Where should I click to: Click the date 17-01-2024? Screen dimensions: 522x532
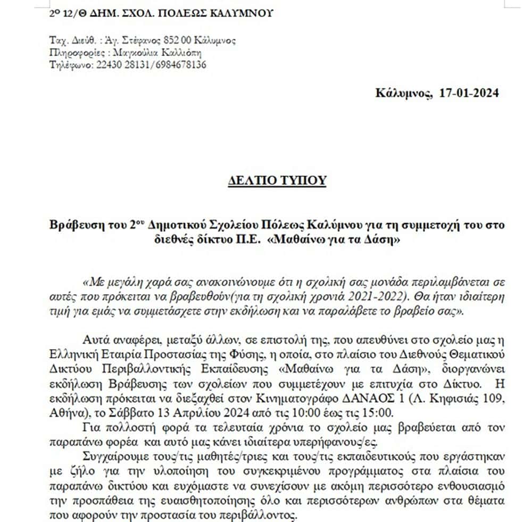click(x=470, y=94)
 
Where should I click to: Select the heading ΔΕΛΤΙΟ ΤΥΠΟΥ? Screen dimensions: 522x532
click(x=276, y=180)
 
